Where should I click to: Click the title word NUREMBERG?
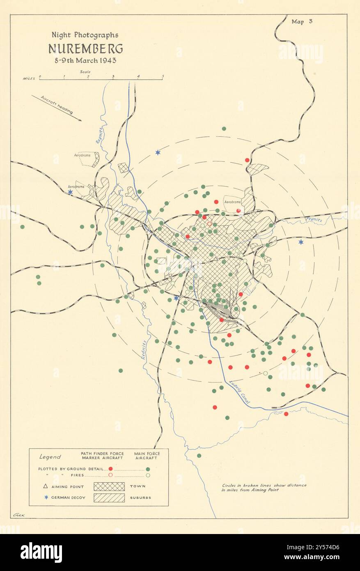[85, 49]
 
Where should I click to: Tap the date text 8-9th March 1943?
[85, 60]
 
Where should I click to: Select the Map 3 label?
[302, 22]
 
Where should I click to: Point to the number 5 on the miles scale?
[163, 76]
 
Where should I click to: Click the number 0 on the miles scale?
[40, 76]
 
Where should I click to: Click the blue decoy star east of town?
[301, 242]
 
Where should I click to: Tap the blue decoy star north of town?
[158, 152]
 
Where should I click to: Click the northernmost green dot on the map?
[224, 129]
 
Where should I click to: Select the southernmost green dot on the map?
[199, 456]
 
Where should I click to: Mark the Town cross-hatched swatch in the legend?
[109, 486]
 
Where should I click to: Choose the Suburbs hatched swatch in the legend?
[109, 497]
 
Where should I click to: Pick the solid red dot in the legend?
[110, 469]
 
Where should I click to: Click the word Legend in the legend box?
[50, 457]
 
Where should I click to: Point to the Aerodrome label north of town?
[232, 202]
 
